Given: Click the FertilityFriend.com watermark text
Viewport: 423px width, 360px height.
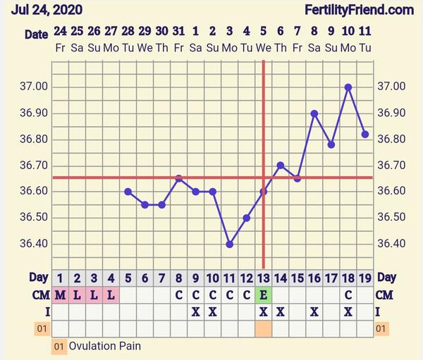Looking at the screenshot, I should click(x=359, y=10).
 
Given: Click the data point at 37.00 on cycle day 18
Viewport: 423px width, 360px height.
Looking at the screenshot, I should click(x=348, y=87).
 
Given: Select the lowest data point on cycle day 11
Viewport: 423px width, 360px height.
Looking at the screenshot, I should click(x=230, y=244).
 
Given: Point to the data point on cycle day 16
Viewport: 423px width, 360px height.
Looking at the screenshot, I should click(x=314, y=113).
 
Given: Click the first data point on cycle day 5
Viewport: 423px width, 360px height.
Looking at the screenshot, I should click(x=128, y=192).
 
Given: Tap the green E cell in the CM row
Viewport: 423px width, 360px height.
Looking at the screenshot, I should click(x=264, y=295).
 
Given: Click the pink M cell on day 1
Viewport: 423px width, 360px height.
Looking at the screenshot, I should click(x=61, y=295).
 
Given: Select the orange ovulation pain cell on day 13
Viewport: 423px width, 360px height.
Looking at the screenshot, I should click(x=264, y=328).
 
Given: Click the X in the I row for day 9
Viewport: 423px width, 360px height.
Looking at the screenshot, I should click(x=196, y=311).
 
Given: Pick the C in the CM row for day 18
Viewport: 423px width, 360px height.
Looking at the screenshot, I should click(x=348, y=295).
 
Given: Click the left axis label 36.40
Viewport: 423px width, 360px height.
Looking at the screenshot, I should click(x=35, y=244).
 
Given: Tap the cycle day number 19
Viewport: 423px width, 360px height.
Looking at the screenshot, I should click(x=365, y=278).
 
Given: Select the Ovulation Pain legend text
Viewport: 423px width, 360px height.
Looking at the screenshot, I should click(x=104, y=347).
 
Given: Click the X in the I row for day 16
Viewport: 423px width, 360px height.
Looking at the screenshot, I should click(x=314, y=311).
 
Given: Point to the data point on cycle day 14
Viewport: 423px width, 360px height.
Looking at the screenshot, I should click(x=281, y=166).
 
